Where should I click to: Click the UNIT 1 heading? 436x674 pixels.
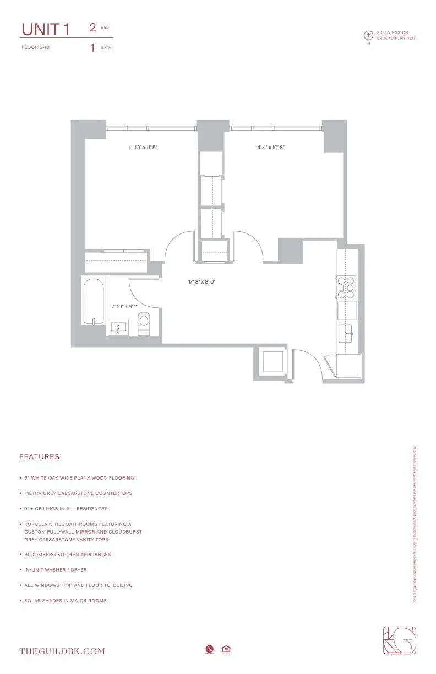45,30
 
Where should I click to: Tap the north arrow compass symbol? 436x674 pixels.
368,35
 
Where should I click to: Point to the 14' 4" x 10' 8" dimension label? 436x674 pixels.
273,148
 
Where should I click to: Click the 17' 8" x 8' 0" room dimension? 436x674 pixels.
201,282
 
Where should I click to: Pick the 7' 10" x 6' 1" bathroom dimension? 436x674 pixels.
124,306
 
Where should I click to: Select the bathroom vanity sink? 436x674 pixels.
119,328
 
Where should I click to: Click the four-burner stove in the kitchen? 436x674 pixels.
346,287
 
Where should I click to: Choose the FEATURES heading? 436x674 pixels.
39,457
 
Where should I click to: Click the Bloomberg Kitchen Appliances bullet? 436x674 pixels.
68,555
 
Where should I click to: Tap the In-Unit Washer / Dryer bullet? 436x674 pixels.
56,570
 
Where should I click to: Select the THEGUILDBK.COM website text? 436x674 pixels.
62,651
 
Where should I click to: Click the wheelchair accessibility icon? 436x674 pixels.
209,650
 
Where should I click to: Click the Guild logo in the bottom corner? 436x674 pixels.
400,641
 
